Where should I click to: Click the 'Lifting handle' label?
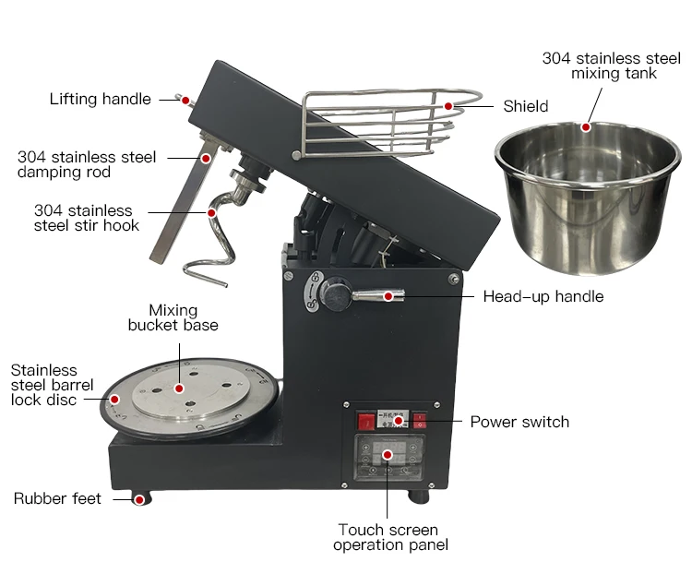click(100, 99)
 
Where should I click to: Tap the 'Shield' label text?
click(525, 106)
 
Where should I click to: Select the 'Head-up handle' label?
click(543, 296)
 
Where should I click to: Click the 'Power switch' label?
click(519, 422)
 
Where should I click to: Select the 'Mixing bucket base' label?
click(174, 317)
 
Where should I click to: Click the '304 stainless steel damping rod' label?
click(87, 164)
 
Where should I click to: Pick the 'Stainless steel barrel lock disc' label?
click(51, 385)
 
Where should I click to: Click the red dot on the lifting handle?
click(185, 100)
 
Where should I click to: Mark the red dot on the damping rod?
click(206, 158)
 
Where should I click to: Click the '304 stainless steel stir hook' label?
click(87, 218)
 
